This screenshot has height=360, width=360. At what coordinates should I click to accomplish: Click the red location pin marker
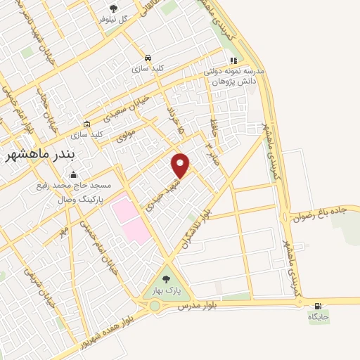[x=181, y=165]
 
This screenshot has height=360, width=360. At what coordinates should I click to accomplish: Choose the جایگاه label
[x=318, y=317]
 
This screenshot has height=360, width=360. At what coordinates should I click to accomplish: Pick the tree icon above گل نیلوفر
[x=113, y=8]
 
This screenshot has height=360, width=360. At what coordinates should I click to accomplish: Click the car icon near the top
[x=148, y=58]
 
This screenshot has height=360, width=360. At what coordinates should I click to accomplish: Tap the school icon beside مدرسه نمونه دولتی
[x=233, y=60]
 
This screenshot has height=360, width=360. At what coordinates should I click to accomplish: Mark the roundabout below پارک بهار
[x=154, y=306]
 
